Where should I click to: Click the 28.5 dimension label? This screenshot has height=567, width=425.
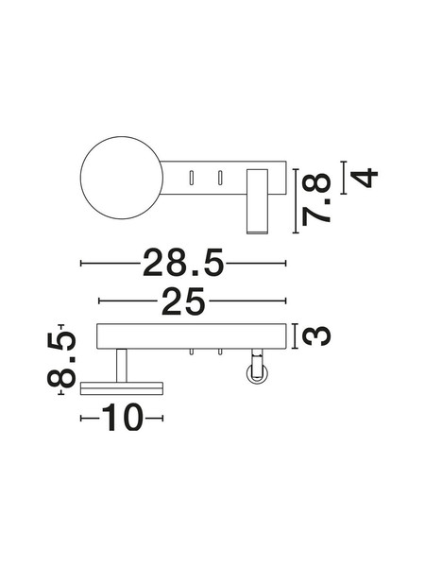[183, 263]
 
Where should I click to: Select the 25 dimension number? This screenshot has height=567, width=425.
[183, 301]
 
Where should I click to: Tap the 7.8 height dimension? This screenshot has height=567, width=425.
[316, 199]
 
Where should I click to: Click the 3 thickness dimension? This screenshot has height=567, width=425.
[316, 335]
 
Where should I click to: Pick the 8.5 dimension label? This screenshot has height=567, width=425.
[61, 359]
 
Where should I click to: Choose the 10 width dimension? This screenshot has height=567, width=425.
[122, 418]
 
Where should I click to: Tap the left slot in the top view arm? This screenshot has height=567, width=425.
[192, 178]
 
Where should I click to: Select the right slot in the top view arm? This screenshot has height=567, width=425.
[219, 178]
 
